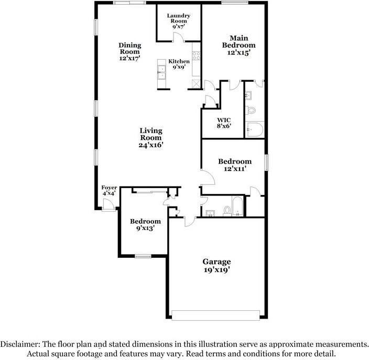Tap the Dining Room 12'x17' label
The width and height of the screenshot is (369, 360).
(129, 52)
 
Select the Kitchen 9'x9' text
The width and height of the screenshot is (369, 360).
(179, 64)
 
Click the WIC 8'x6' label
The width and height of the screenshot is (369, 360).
(223, 123)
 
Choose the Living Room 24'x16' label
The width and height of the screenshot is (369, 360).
(151, 138)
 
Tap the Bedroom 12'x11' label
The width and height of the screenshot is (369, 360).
(234, 165)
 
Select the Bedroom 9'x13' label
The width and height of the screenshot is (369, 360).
(145, 225)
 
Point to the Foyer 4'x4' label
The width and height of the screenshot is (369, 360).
(109, 190)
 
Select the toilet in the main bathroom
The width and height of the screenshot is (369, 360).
(250, 111)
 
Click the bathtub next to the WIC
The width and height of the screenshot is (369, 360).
(256, 130)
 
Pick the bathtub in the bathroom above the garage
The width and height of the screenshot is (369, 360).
(237, 206)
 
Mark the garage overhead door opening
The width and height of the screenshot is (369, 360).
(216, 315)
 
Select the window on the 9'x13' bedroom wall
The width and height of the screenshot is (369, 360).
(143, 256)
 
